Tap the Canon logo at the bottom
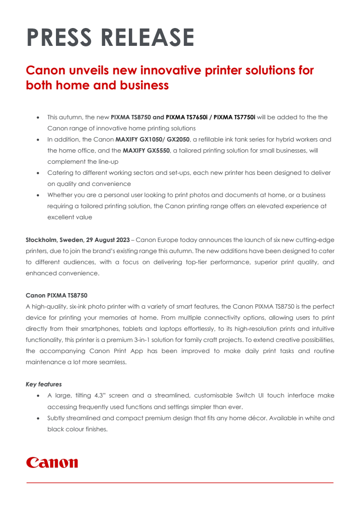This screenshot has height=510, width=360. point(52,462)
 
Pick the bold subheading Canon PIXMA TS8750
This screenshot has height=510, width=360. point(56,295)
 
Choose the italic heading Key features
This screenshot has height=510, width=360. point(43,384)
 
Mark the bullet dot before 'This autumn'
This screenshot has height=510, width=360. point(38,117)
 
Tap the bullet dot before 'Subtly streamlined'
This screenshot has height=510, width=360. point(38,418)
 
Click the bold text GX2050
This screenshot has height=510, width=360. point(171,140)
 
